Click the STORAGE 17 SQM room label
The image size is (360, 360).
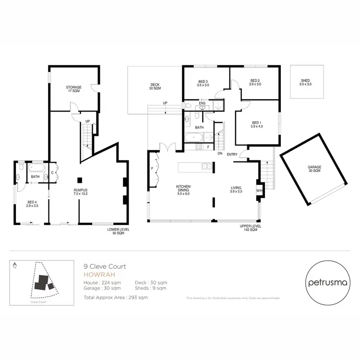[x=74, y=89]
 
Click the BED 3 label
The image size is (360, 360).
[x=203, y=83]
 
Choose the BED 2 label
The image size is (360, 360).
[x=255, y=82]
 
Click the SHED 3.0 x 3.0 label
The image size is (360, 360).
[x=306, y=82]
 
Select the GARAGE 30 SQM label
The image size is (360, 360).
[x=314, y=169]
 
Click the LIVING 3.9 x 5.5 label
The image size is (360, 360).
[x=235, y=190]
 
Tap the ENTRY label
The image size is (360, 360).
[x=232, y=154]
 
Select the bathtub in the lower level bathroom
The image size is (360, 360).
[x=36, y=168]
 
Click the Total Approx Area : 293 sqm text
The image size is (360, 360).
[x=116, y=298]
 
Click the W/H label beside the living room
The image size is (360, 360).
[x=259, y=191]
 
